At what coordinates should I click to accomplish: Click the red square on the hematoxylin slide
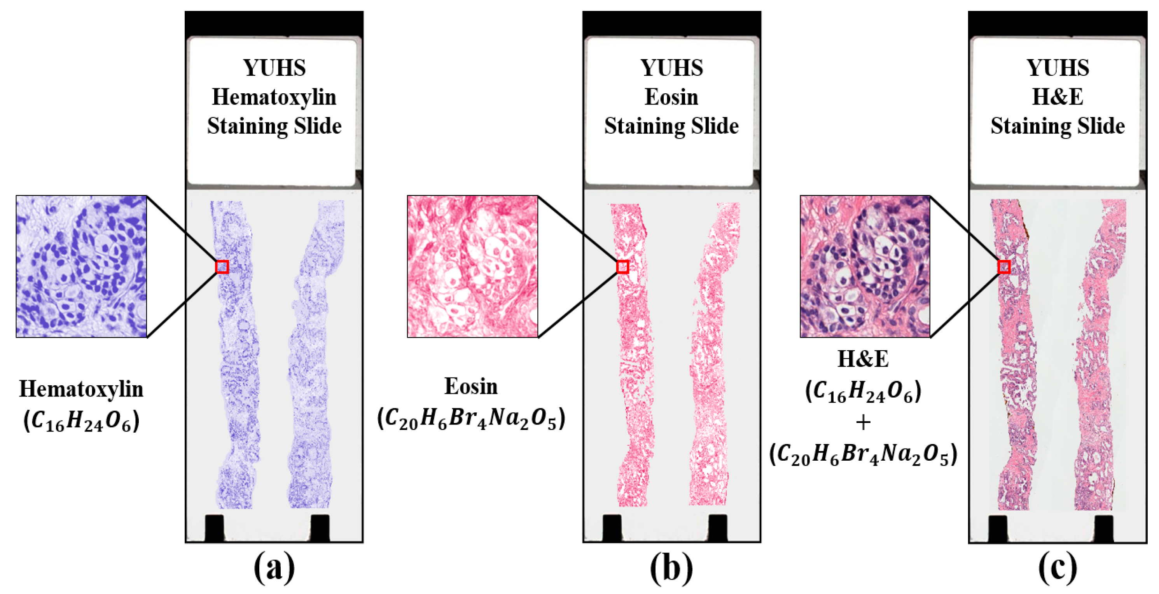click(x=222, y=267)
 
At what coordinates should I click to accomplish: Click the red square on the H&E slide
click(x=1004, y=267)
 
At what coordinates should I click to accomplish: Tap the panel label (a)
click(x=274, y=568)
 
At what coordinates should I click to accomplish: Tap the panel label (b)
click(x=671, y=568)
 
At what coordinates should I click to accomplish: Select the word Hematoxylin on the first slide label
click(x=274, y=97)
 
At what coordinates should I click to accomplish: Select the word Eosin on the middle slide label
click(x=671, y=97)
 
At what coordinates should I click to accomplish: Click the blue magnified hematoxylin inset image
click(x=81, y=266)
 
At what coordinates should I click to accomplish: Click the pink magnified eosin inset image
click(x=472, y=266)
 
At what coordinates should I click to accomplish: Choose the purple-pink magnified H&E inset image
click(x=865, y=266)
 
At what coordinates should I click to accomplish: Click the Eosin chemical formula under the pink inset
click(x=471, y=419)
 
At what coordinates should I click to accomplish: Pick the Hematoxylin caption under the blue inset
click(x=81, y=389)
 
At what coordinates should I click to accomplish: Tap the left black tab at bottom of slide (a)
click(x=214, y=528)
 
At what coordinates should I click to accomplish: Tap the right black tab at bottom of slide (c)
click(x=1104, y=528)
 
